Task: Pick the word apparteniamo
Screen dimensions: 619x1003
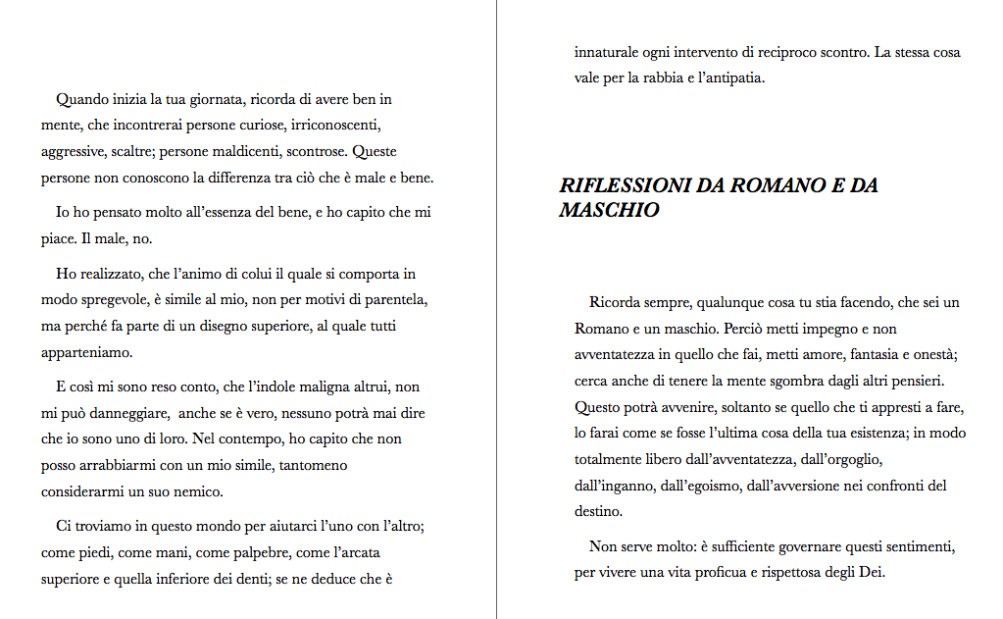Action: pyautogui.click(x=86, y=351)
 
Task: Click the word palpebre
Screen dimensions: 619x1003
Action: pyautogui.click(x=259, y=553)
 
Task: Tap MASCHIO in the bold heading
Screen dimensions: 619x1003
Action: pyautogui.click(x=609, y=210)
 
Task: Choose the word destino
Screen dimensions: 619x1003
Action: pyautogui.click(x=597, y=510)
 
